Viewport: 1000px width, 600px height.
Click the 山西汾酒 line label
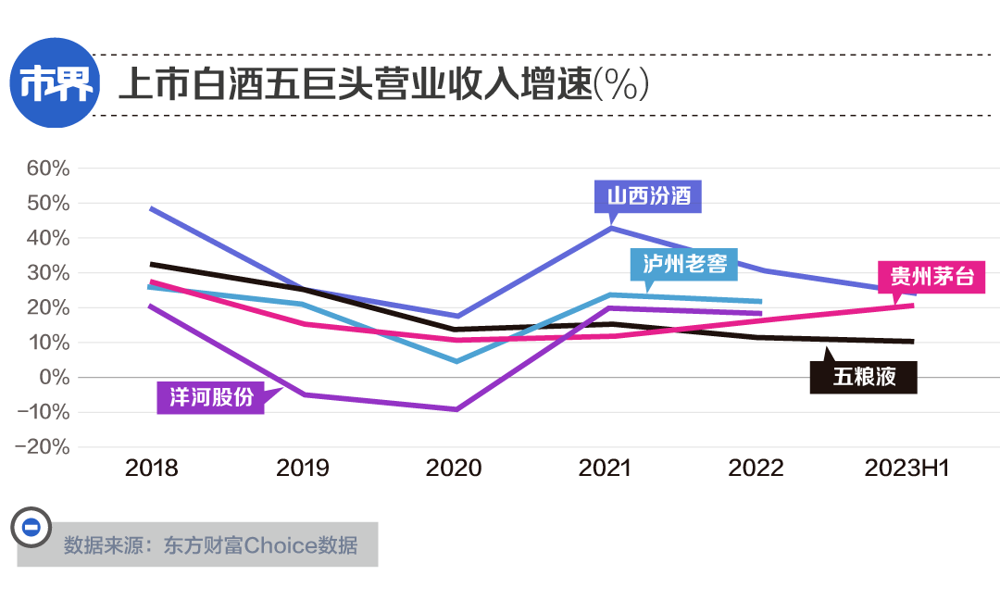pos(648,196)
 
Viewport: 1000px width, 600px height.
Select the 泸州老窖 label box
pos(684,265)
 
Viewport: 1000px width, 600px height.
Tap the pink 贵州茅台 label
pos(931,277)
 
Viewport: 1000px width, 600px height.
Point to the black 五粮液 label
pos(863,378)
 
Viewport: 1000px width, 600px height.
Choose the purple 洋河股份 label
pos(210,397)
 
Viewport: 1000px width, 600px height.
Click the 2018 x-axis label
pos(152,468)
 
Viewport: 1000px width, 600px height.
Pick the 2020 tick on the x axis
pos(454,468)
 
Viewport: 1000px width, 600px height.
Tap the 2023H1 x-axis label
pos(907,468)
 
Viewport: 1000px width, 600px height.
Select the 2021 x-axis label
pos(605,468)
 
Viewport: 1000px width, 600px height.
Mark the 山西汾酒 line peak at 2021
pos(610,228)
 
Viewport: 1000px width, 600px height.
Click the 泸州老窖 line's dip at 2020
pos(456,361)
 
